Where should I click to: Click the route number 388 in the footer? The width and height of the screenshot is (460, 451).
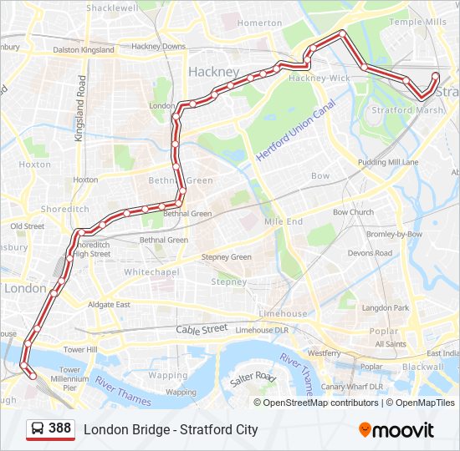point(59,428)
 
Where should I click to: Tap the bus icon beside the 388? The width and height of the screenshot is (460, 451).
point(38,428)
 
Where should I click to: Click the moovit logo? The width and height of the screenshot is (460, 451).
point(396,430)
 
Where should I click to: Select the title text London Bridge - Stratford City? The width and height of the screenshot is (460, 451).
point(171,430)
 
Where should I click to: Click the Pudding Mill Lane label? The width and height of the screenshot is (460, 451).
point(388,162)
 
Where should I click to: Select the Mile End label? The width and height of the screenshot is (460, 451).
point(284,222)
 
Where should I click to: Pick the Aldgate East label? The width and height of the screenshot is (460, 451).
point(111,305)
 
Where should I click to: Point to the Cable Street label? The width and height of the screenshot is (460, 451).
point(202,330)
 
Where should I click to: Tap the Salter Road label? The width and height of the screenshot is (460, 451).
point(253,378)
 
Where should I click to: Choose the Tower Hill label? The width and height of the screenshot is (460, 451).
point(81,349)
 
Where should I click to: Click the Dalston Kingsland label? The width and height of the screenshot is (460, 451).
point(84,50)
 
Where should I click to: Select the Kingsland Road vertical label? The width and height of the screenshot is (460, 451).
point(82,108)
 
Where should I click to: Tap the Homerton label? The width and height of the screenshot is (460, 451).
point(259,23)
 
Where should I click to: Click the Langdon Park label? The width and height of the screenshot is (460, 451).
point(386,308)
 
